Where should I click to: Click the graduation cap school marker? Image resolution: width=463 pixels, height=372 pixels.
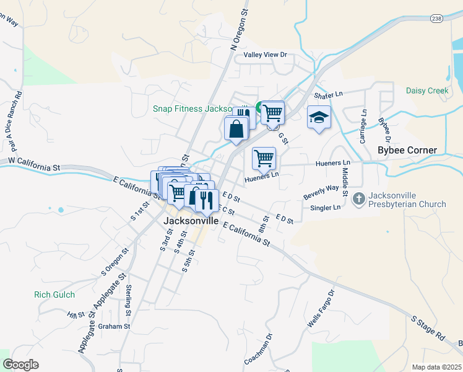click(x=319, y=118)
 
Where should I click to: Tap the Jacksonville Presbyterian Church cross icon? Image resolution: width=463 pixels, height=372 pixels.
click(x=358, y=200)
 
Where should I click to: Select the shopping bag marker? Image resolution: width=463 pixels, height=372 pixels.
click(x=236, y=129)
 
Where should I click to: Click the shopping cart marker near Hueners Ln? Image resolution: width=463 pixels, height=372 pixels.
click(x=264, y=158)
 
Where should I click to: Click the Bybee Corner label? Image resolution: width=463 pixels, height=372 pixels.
click(x=407, y=151)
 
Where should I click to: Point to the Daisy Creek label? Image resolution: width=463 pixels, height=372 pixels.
click(x=427, y=91)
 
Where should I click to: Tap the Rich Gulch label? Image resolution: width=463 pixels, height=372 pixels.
click(x=54, y=295)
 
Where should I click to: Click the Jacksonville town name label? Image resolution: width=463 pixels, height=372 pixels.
click(x=191, y=220)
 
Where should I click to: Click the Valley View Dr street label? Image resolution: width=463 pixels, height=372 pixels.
click(x=266, y=55)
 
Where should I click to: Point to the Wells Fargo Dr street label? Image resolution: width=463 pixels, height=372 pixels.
click(x=321, y=309)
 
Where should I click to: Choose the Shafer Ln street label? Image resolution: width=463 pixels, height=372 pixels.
click(x=328, y=95)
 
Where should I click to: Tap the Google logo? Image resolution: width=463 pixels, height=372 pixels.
click(x=20, y=364)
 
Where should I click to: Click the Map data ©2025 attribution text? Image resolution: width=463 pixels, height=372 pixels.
click(x=436, y=367)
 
